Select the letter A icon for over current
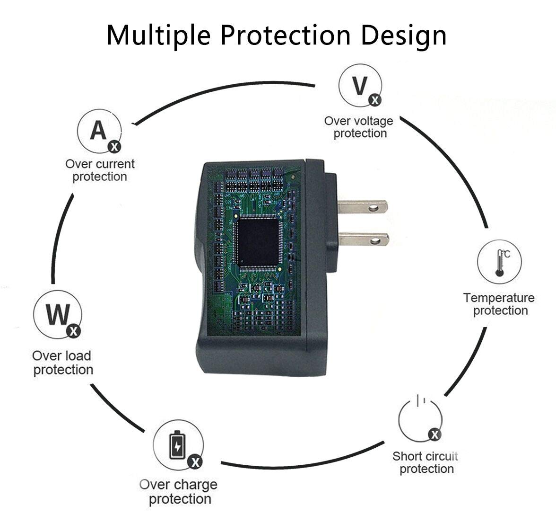click(99, 131)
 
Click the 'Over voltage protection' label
click(359, 127)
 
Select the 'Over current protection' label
click(100, 170)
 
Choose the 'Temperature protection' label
click(499, 304)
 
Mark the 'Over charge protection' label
click(179, 491)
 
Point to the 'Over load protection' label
click(62, 362)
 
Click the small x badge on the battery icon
click(194, 461)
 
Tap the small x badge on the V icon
click(375, 100)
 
